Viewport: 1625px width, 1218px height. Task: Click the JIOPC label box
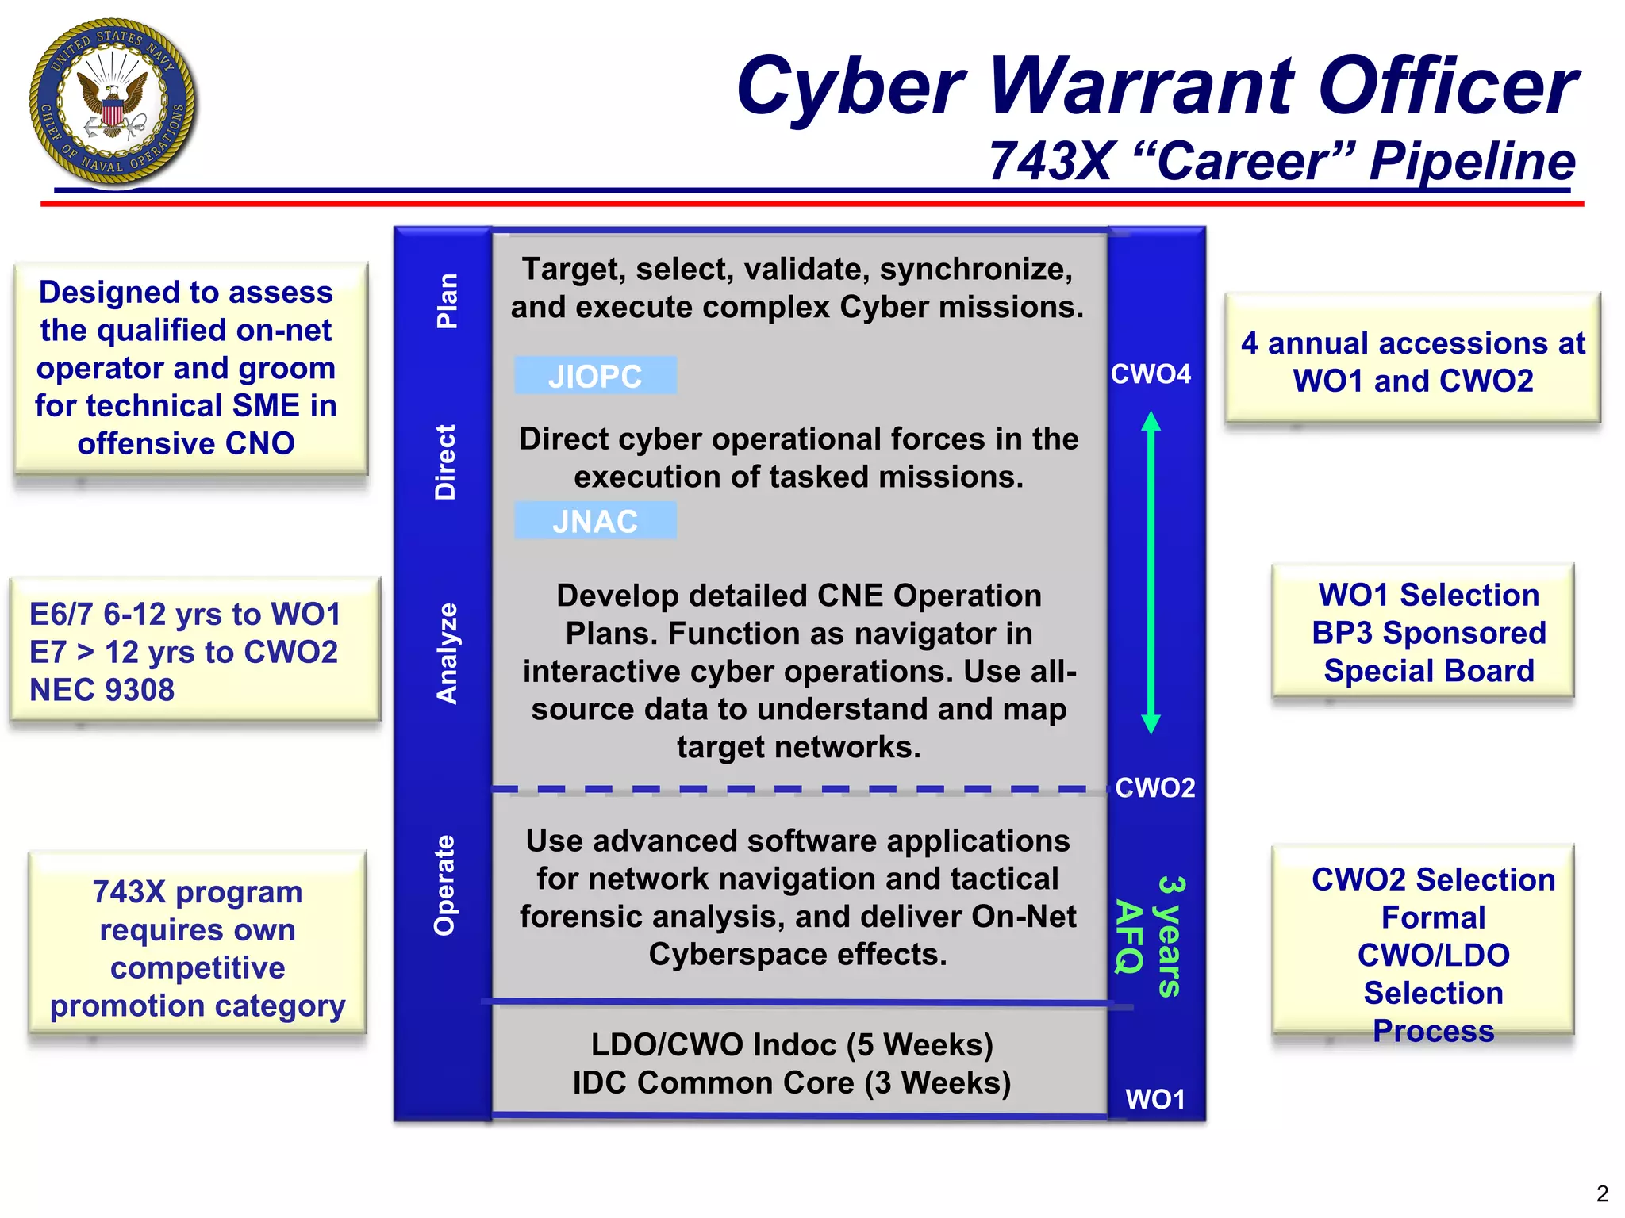(595, 376)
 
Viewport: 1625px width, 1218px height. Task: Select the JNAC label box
(595, 521)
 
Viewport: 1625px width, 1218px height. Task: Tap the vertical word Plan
(448, 301)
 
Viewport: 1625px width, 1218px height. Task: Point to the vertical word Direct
(446, 462)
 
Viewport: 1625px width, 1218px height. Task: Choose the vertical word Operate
(445, 884)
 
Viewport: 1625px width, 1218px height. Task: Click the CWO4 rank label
(1151, 373)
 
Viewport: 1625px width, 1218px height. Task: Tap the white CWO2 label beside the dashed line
(1155, 787)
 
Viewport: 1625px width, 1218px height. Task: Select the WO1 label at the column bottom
(1155, 1099)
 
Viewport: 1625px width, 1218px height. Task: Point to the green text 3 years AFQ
(1150, 936)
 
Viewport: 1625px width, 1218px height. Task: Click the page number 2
(1602, 1193)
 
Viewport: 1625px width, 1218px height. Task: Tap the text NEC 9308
(102, 690)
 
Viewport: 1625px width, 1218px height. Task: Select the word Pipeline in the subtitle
(1472, 161)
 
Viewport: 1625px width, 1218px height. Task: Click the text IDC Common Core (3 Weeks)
(792, 1082)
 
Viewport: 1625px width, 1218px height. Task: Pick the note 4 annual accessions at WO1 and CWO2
(1413, 362)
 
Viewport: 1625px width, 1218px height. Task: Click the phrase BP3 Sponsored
(1429, 633)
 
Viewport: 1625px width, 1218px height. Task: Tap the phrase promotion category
(198, 1005)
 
